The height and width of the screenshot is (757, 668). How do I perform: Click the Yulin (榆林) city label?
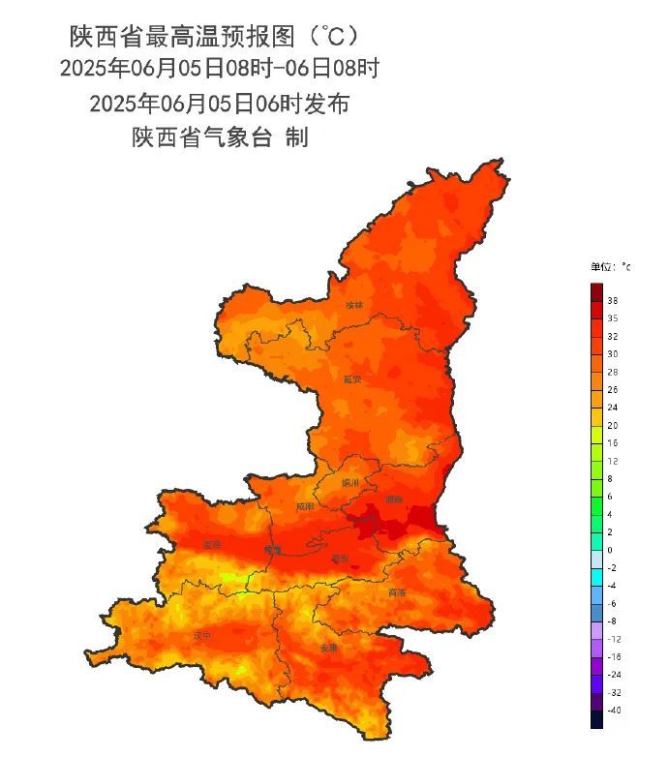355,305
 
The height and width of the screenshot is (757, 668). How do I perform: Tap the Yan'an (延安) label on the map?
353,380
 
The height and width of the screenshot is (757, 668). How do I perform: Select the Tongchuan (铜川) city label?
350,482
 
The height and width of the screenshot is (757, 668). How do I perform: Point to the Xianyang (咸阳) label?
305,506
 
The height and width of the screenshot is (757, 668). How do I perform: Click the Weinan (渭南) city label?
393,500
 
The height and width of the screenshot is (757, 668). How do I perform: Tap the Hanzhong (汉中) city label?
201,636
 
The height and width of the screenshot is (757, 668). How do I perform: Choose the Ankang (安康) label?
329,647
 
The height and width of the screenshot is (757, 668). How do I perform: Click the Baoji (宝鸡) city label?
212,545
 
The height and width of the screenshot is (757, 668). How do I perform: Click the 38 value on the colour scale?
613,301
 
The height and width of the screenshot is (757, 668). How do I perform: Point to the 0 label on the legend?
611,550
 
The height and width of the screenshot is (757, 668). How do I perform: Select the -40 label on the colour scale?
614,711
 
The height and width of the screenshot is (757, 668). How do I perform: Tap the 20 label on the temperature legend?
613,425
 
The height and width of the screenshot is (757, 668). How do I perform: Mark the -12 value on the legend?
614,639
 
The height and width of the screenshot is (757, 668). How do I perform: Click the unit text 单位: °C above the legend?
610,266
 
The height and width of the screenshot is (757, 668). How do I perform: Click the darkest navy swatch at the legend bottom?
596,718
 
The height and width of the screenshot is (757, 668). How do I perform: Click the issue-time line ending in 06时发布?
219,104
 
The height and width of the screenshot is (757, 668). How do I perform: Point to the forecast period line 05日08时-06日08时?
219,70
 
